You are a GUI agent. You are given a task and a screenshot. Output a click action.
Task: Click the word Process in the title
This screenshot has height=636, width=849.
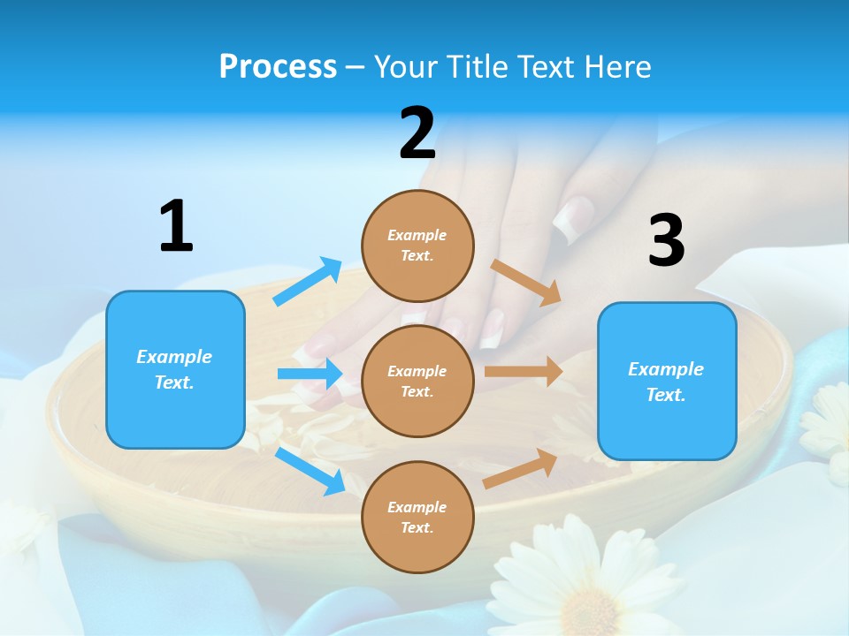[x=278, y=66]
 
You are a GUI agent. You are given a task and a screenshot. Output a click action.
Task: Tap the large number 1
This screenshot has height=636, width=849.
[x=176, y=226]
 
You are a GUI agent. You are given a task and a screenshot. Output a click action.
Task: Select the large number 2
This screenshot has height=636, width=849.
[x=417, y=133]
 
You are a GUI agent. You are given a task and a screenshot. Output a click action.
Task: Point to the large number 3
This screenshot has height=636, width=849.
[x=666, y=240]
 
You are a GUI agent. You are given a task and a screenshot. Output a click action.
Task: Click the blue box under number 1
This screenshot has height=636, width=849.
[x=175, y=369]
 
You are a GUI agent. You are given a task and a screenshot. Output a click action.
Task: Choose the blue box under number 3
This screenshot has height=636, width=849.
[x=667, y=381]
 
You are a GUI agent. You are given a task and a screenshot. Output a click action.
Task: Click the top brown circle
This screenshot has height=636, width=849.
[x=417, y=246]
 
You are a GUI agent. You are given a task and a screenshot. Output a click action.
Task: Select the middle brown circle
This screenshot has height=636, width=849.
[x=417, y=381]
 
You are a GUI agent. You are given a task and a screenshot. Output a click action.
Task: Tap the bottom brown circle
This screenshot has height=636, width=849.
[x=417, y=517]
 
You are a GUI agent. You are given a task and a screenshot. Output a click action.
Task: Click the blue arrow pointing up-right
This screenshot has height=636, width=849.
[x=308, y=282]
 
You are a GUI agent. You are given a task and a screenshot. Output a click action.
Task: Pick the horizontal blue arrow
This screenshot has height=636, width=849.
[x=310, y=374]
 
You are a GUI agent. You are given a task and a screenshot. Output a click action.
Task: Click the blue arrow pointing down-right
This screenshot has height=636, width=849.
[x=310, y=470]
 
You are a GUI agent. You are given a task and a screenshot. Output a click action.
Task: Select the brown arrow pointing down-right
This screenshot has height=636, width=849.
[x=526, y=283]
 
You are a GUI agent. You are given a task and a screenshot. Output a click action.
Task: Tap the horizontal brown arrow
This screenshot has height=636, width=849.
[x=524, y=371]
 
